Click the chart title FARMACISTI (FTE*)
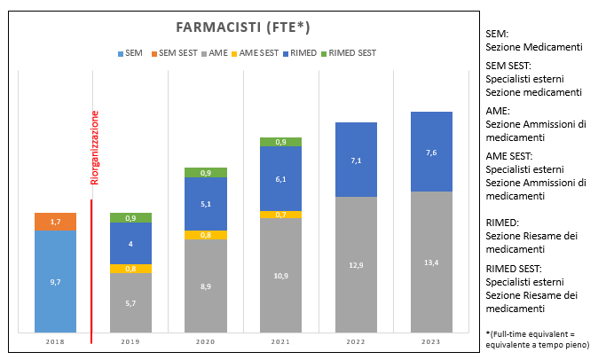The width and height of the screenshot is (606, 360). click(243, 27)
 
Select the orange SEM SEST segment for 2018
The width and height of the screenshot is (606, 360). click(55, 222)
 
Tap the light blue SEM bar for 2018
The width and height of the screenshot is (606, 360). click(55, 281)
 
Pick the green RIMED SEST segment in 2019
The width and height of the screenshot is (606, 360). click(130, 218)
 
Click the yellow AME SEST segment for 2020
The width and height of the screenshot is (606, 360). click(206, 235)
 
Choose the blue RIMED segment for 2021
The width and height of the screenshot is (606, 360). click(280, 178)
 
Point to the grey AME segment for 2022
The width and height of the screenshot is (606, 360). click(356, 264)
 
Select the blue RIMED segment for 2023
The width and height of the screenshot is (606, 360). click(431, 152)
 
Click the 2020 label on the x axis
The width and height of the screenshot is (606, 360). click(206, 342)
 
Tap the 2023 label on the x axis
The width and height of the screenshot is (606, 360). click(431, 342)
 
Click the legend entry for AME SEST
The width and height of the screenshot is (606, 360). click(255, 53)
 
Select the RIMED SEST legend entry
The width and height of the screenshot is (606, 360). click(349, 53)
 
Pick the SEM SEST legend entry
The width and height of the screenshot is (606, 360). click(174, 53)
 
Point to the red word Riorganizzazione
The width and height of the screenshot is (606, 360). click(95, 147)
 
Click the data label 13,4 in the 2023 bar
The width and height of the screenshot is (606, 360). click(431, 262)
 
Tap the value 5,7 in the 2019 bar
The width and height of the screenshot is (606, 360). click(130, 303)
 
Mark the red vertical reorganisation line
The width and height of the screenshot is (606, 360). click(91, 271)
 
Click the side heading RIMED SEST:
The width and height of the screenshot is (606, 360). click(514, 269)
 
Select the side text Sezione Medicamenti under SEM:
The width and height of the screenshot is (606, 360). click(534, 47)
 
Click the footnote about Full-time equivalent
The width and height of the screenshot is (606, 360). click(538, 340)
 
